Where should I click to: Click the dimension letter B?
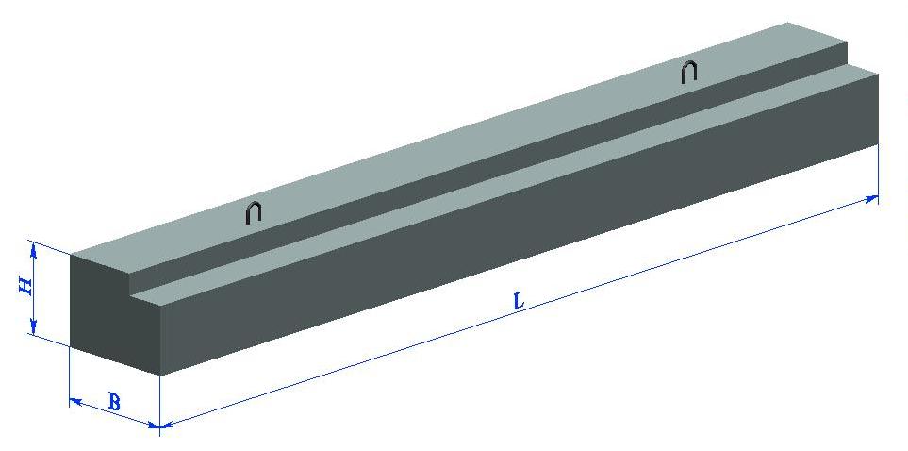tap(114, 401)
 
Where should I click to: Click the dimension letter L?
tap(519, 301)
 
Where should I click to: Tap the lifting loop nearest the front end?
tap(253, 211)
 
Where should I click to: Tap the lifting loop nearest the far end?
tap(688, 72)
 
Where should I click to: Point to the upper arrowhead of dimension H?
tap(34, 250)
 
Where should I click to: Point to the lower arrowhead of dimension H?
tap(34, 327)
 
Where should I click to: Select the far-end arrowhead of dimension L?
tap(871, 199)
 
